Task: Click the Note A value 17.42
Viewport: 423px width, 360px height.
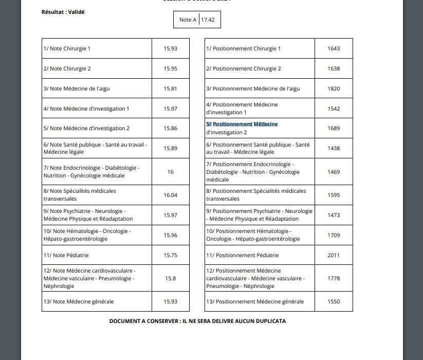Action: pyautogui.click(x=208, y=20)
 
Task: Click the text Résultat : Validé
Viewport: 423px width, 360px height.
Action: pyautogui.click(x=63, y=11)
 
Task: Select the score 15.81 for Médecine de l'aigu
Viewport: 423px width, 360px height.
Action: pyautogui.click(x=170, y=88)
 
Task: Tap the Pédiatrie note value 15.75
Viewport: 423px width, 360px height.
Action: pyautogui.click(x=170, y=255)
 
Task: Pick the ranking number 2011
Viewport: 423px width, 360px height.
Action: pyautogui.click(x=334, y=255)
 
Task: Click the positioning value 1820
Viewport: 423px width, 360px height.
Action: pyautogui.click(x=334, y=88)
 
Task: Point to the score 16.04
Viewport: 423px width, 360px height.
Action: pyautogui.click(x=170, y=195)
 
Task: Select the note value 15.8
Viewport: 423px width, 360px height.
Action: pyautogui.click(x=170, y=278)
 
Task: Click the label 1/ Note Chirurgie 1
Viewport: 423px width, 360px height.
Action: pyautogui.click(x=67, y=48)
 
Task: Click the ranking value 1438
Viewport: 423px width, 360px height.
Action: pyautogui.click(x=334, y=148)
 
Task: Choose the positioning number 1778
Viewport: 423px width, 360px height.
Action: pyautogui.click(x=334, y=278)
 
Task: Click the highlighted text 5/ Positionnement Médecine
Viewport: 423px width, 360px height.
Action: pyautogui.click(x=242, y=124)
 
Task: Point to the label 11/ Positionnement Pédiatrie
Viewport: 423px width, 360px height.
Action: pyautogui.click(x=243, y=255)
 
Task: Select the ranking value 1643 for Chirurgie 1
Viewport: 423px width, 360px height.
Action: pyautogui.click(x=334, y=48)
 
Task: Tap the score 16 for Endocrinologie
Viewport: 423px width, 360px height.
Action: pyautogui.click(x=170, y=172)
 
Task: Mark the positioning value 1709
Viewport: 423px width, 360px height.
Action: pyautogui.click(x=334, y=235)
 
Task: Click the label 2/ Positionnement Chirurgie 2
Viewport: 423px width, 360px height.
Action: pyautogui.click(x=244, y=68)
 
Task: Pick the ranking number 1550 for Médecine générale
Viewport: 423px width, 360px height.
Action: pyautogui.click(x=334, y=301)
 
